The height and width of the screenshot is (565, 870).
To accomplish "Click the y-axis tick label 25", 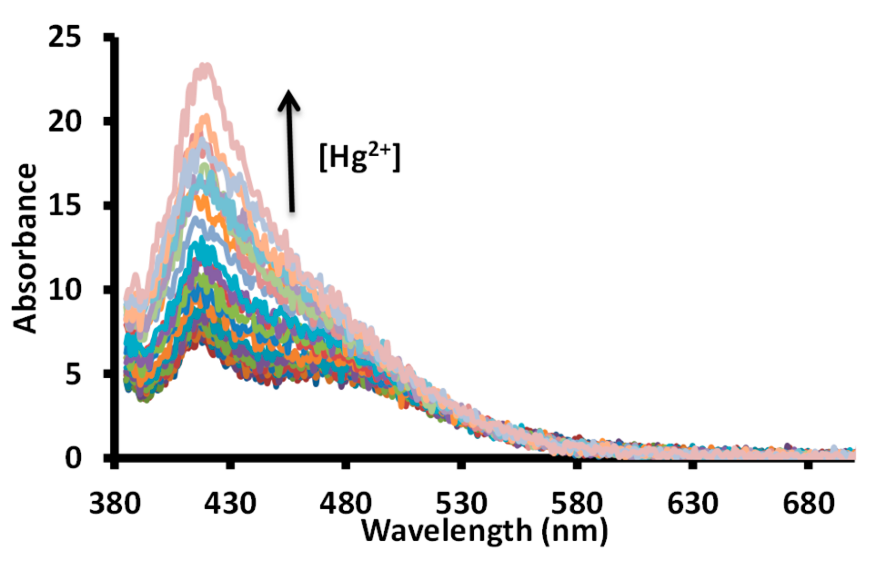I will click(x=65, y=37).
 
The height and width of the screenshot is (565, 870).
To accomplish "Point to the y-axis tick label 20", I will click(x=65, y=121).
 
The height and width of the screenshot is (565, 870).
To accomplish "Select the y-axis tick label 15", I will click(x=65, y=206).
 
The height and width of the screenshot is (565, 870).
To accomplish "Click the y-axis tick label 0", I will click(x=73, y=458).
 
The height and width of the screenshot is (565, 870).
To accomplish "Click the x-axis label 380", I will click(x=115, y=503).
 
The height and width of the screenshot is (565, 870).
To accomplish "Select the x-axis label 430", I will click(x=230, y=503).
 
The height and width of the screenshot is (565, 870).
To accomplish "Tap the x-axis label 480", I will click(x=346, y=503).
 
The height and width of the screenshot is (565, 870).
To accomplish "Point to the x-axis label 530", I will click(x=461, y=503).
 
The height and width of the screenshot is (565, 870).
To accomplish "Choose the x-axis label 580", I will click(x=577, y=503).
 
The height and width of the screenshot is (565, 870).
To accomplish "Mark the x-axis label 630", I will click(x=693, y=503).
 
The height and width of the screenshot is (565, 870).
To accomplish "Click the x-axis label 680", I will click(x=808, y=503).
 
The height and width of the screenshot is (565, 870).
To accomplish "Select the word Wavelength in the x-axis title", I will click(x=447, y=531).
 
